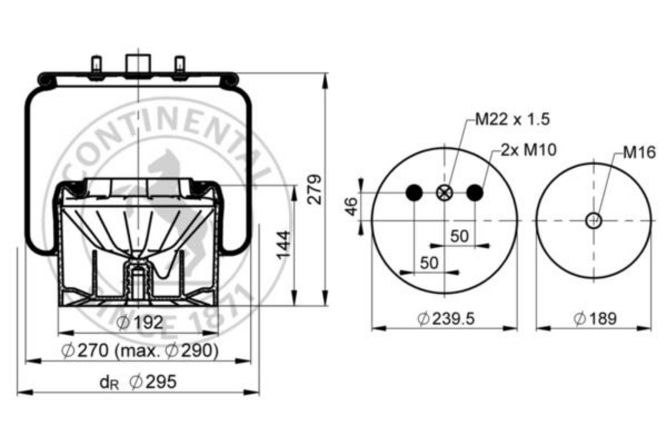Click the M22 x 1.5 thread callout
(512, 120)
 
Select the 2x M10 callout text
(528, 150)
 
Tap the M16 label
(639, 153)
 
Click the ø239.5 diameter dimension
(446, 319)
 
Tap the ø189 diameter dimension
(595, 319)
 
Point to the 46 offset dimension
(351, 206)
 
